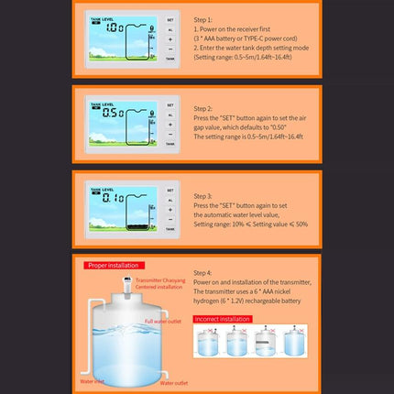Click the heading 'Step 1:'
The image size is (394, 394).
tap(204, 18)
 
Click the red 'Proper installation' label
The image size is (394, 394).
tap(112, 265)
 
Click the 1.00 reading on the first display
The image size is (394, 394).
tap(115, 28)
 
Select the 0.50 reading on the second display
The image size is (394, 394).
tap(115, 115)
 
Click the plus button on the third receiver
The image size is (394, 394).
tap(170, 207)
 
